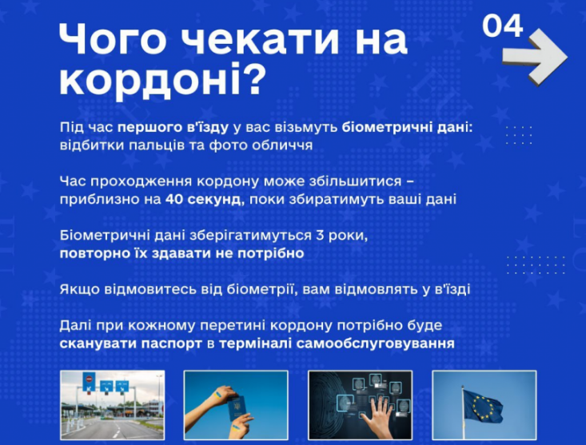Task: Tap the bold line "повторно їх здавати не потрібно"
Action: tap(181, 253)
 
